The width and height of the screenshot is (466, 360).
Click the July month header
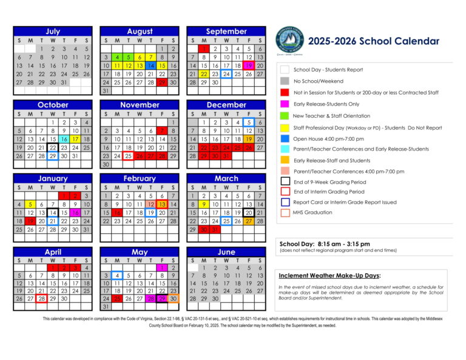click(x=53, y=32)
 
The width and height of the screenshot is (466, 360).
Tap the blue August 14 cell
click(x=151, y=66)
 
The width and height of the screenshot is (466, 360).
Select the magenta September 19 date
click(x=248, y=66)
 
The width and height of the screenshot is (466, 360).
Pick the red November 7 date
click(x=162, y=131)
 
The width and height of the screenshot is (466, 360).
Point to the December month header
click(x=226, y=105)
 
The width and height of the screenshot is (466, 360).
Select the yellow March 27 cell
click(x=248, y=221)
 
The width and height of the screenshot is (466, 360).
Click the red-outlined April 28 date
click(x=41, y=298)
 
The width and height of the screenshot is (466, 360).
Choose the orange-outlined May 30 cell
click(x=174, y=298)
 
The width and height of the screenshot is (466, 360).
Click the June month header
click(x=226, y=252)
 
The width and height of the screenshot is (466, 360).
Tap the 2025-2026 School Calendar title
click(x=373, y=41)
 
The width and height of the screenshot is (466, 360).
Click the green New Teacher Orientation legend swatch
click(x=285, y=115)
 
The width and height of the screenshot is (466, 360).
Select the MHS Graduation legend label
click(x=312, y=212)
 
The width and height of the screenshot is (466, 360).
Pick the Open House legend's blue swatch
click(x=285, y=138)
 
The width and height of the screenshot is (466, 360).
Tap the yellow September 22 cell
click(x=204, y=74)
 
